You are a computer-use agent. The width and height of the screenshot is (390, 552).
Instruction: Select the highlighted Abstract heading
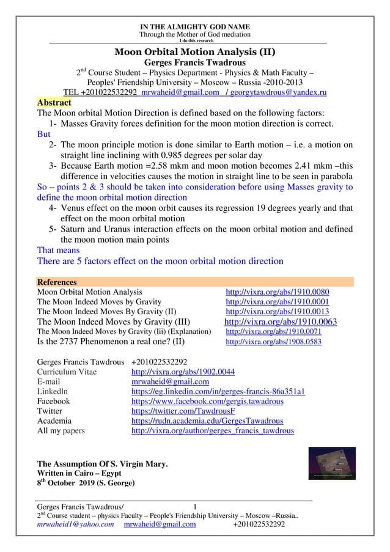click(x=54, y=102)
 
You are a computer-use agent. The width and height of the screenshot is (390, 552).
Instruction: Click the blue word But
click(x=44, y=134)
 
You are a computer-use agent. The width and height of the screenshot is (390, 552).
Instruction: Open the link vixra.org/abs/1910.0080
click(x=278, y=292)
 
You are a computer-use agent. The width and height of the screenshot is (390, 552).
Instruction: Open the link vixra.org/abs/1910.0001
click(x=278, y=302)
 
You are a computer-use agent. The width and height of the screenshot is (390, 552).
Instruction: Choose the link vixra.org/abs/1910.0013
click(x=278, y=312)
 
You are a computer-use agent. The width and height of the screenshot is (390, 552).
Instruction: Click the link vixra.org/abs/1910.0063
click(x=281, y=322)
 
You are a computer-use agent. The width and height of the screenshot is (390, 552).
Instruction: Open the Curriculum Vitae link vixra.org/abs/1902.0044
click(x=183, y=372)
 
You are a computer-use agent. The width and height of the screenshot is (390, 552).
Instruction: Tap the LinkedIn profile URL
click(x=218, y=391)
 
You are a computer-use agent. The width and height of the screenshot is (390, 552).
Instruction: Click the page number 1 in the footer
click(x=195, y=506)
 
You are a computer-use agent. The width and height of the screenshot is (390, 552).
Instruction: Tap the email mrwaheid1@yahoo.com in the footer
click(x=75, y=524)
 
